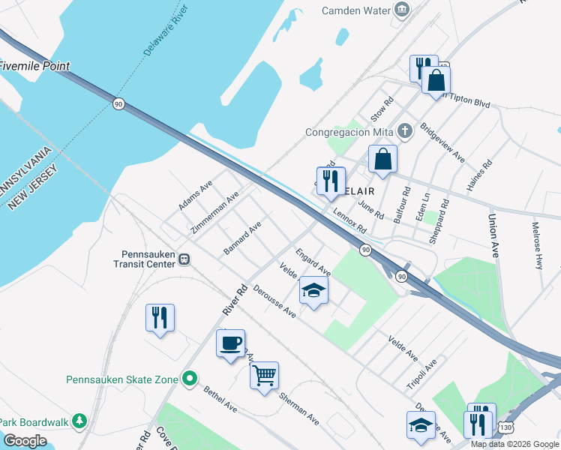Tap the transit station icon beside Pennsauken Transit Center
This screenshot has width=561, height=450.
[x=184, y=259]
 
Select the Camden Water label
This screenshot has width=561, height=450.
[x=355, y=10]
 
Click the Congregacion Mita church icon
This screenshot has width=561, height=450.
[x=404, y=132]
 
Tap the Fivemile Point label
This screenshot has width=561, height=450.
[x=34, y=66]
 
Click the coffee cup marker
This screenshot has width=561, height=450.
[x=230, y=343]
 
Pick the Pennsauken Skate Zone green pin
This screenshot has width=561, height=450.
[x=190, y=379]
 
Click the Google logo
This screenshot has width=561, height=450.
[x=25, y=441]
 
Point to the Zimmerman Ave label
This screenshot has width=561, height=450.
[x=215, y=211]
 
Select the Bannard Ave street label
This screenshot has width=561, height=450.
[x=242, y=237]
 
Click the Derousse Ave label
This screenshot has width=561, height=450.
[x=274, y=301]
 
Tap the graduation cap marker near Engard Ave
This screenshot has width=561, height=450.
[x=313, y=290]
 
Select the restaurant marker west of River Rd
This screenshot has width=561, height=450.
[x=160, y=317]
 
